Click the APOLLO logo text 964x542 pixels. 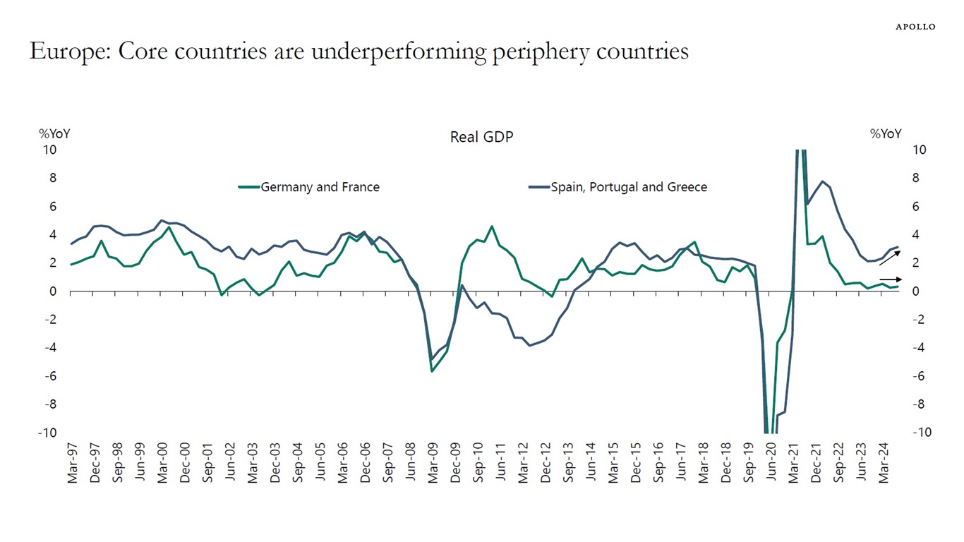(915, 27)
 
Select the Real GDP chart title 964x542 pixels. (481, 137)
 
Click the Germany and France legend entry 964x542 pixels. (319, 187)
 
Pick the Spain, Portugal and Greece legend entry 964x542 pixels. (628, 187)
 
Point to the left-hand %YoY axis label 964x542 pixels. (54, 134)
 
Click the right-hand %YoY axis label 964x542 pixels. (885, 134)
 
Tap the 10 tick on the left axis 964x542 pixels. (50, 150)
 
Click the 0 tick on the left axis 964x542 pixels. (53, 291)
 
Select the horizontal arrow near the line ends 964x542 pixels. (890, 279)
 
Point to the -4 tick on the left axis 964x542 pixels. (51, 348)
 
